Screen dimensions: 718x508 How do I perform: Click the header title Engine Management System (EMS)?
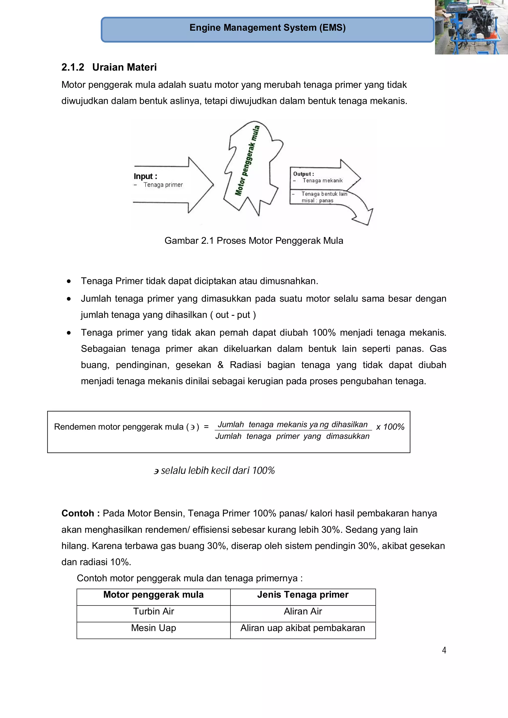[267, 28]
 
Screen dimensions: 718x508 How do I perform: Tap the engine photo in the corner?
[471, 27]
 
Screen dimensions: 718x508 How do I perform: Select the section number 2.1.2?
[73, 67]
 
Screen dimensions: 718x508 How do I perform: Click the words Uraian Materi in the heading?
[124, 67]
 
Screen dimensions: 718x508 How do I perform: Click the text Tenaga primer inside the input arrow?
[163, 185]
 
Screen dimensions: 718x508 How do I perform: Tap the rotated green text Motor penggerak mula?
[247, 160]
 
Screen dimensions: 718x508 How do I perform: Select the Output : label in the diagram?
[303, 174]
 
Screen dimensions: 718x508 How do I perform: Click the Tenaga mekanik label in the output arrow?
[322, 180]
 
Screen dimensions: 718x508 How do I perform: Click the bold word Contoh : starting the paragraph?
[80, 513]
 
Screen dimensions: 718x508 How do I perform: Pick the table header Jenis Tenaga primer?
[303, 595]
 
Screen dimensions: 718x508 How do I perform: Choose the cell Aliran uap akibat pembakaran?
[303, 628]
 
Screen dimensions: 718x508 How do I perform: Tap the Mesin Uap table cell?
[153, 628]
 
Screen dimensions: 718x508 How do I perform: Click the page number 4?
[444, 650]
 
